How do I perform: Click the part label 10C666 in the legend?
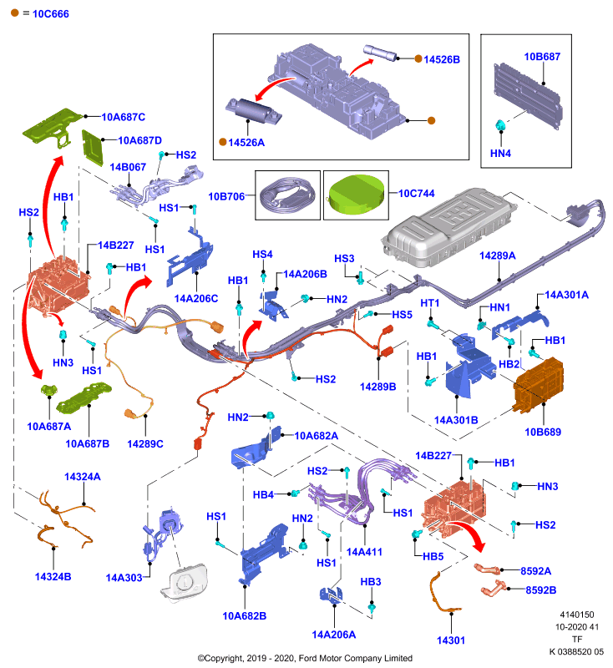coord(51,14)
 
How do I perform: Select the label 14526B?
coord(442,59)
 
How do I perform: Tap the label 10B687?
coord(542,57)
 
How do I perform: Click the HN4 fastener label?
coord(500,153)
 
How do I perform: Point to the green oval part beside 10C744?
coord(356,195)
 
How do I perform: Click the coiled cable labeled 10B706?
coord(288,195)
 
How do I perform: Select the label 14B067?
coord(128,167)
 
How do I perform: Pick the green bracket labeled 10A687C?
coord(52,128)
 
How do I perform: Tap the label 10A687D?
coord(139,140)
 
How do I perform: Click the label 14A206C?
coord(196,299)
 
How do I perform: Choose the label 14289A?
coord(498,256)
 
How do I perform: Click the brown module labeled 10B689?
coord(539,385)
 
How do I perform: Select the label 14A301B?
coord(456,420)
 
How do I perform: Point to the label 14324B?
coord(53,577)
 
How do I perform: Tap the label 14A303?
coord(124,578)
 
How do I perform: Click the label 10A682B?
coord(245,616)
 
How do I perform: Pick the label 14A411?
coord(364,552)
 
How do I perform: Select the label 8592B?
coord(541,590)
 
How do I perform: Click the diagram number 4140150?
coord(577,615)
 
